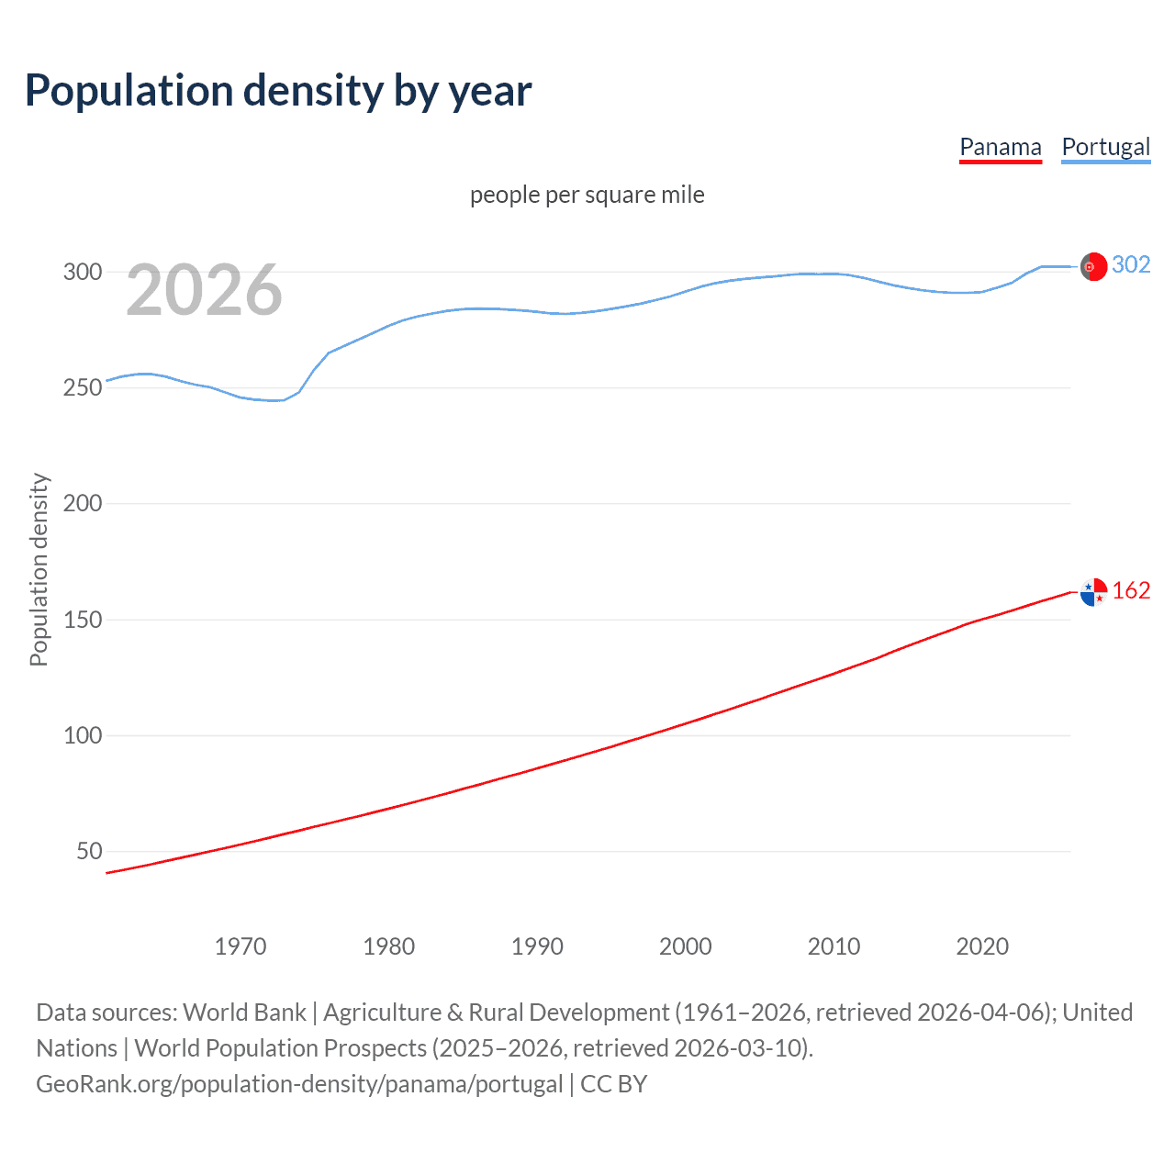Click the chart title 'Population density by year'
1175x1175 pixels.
(278, 90)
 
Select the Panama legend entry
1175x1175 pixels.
(1000, 147)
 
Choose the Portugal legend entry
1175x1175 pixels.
(1105, 147)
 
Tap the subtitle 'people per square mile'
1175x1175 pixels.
(587, 195)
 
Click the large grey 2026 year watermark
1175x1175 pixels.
(204, 290)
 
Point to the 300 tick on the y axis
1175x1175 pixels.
(83, 272)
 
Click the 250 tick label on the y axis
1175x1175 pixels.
(83, 387)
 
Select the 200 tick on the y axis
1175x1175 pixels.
(83, 503)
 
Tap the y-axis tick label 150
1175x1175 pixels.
(83, 620)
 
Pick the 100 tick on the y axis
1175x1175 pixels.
(83, 735)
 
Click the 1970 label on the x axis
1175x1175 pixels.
(241, 946)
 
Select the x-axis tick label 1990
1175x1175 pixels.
(537, 946)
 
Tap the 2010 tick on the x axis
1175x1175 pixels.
(834, 946)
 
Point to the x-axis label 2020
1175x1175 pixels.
(982, 946)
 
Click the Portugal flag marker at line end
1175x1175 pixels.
(1093, 266)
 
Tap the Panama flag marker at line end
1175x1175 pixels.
(1093, 592)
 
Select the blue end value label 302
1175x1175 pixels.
(1131, 264)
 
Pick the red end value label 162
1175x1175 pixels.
(1131, 590)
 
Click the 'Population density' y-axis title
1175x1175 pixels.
(39, 569)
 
